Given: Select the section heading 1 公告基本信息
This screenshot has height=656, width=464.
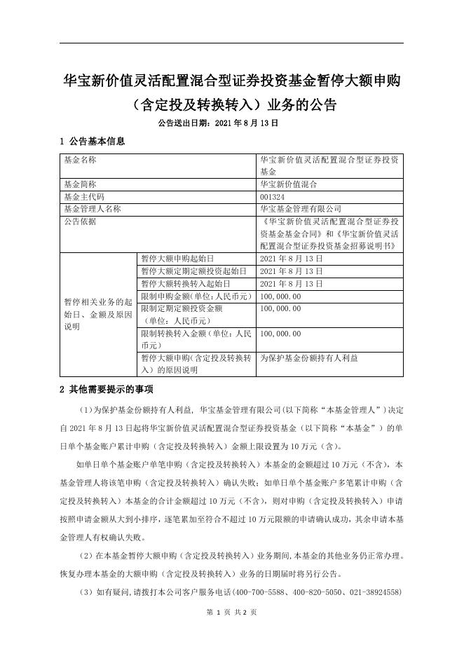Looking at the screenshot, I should (93, 142).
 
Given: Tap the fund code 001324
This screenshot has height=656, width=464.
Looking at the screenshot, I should (273, 197).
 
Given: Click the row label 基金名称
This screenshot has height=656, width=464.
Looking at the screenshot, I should (80, 160).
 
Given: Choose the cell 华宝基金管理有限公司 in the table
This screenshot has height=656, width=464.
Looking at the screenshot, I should (300, 208).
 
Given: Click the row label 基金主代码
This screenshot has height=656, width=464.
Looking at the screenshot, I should (84, 197).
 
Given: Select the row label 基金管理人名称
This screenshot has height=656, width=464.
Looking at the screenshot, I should (93, 208).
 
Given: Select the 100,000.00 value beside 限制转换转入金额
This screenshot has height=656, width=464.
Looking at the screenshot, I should (280, 334).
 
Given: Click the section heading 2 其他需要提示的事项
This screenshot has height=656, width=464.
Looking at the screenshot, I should (106, 389).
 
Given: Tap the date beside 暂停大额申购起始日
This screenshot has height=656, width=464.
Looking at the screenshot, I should (291, 259).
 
